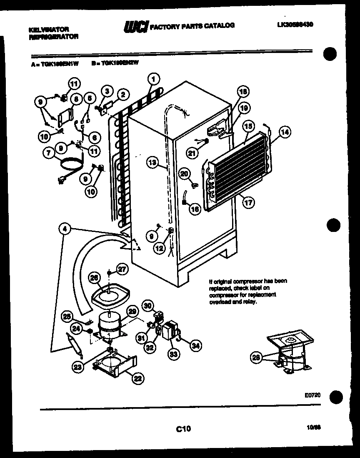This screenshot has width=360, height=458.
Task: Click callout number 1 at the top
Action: pyautogui.click(x=153, y=78)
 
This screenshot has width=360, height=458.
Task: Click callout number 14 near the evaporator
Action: pyautogui.click(x=285, y=132)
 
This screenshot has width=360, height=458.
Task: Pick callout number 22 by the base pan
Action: pyautogui.click(x=137, y=378)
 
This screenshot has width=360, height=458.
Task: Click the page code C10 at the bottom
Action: pyautogui.click(x=183, y=428)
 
